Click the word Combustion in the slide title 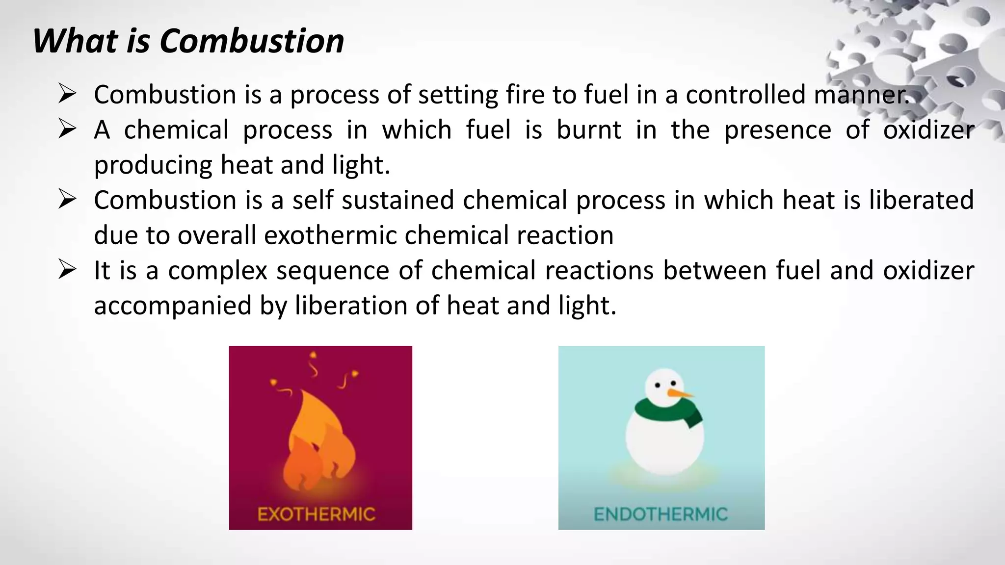click(252, 41)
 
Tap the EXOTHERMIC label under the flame click(317, 514)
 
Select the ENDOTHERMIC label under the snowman click(661, 514)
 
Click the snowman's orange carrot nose click(680, 393)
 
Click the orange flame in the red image click(319, 441)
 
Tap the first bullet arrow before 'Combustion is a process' click(67, 94)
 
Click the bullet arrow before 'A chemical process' click(67, 129)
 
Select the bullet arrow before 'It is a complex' click(67, 270)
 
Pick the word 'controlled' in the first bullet click(745, 95)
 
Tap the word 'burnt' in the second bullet click(589, 130)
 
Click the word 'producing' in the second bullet click(153, 165)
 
